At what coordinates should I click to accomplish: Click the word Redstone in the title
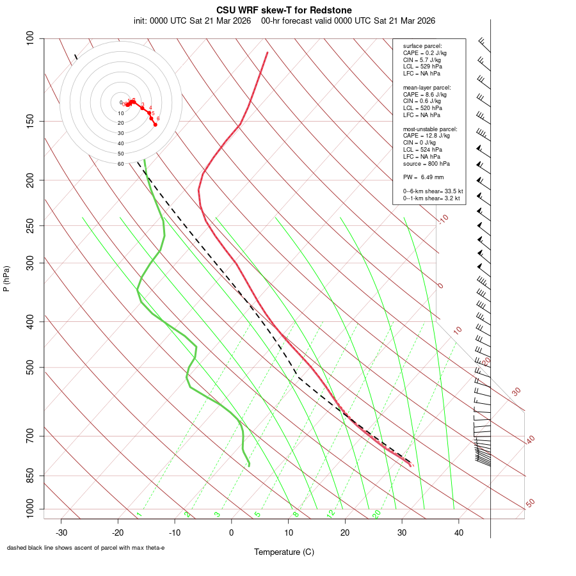click(330, 10)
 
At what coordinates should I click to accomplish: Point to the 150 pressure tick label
click(31, 121)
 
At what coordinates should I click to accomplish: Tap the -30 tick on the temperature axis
click(61, 532)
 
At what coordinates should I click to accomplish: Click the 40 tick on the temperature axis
click(459, 532)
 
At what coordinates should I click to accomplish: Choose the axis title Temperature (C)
click(284, 552)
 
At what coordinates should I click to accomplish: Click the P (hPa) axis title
click(6, 279)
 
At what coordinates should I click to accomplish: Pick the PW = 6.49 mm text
click(423, 177)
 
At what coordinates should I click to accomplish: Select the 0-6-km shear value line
click(433, 191)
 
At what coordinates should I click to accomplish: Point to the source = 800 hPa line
click(426, 163)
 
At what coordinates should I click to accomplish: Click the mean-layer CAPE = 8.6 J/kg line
click(424, 94)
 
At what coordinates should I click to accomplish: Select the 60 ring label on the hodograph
click(120, 164)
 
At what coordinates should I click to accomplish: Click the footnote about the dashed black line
click(86, 548)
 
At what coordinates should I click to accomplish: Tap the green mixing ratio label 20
click(376, 513)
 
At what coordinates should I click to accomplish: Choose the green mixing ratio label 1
click(139, 514)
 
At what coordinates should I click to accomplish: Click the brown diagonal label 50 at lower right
click(530, 504)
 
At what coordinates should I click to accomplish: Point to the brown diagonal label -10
click(442, 219)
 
